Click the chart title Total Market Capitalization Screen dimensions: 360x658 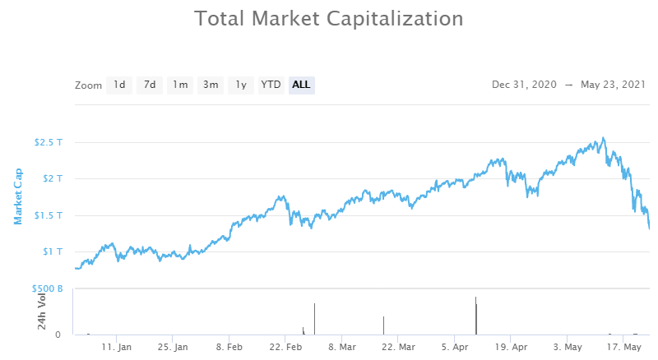[x=329, y=18]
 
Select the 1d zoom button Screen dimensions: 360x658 [x=119, y=85]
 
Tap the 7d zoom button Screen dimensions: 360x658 [x=150, y=85]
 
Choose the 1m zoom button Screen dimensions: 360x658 [x=180, y=85]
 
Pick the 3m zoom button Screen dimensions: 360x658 [x=211, y=85]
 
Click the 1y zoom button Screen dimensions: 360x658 [x=240, y=85]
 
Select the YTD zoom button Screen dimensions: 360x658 [x=271, y=85]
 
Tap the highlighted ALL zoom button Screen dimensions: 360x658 [x=301, y=85]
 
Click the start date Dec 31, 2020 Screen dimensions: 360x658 [x=524, y=85]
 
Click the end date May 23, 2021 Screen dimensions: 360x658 [x=612, y=85]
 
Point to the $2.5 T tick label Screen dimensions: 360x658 [x=48, y=142]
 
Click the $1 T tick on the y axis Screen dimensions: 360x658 [x=53, y=252]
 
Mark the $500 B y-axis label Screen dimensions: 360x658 [x=47, y=288]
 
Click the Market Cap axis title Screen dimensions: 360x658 [x=18, y=196]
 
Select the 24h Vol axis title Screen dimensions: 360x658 [x=42, y=312]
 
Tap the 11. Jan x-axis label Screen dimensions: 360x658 [x=117, y=348]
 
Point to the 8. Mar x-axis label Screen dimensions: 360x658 [x=342, y=348]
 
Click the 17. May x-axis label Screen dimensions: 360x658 [x=626, y=348]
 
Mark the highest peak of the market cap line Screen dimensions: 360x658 [x=604, y=138]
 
